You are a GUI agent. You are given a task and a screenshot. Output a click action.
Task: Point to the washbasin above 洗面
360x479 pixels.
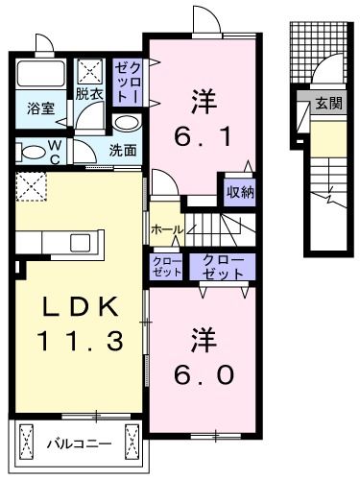click(x=125, y=125)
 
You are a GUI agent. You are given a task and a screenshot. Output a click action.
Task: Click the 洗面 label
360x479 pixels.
click(x=122, y=150)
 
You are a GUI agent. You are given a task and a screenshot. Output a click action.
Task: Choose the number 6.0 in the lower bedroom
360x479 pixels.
click(x=204, y=374)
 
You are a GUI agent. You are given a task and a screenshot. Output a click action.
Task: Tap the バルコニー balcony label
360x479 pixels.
click(x=80, y=444)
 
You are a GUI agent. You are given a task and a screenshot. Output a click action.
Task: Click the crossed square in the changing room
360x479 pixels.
click(x=92, y=70)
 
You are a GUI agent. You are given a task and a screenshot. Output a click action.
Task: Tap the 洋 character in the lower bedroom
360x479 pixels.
click(x=204, y=340)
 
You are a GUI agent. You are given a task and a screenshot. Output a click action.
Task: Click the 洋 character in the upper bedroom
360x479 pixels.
click(x=203, y=98)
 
